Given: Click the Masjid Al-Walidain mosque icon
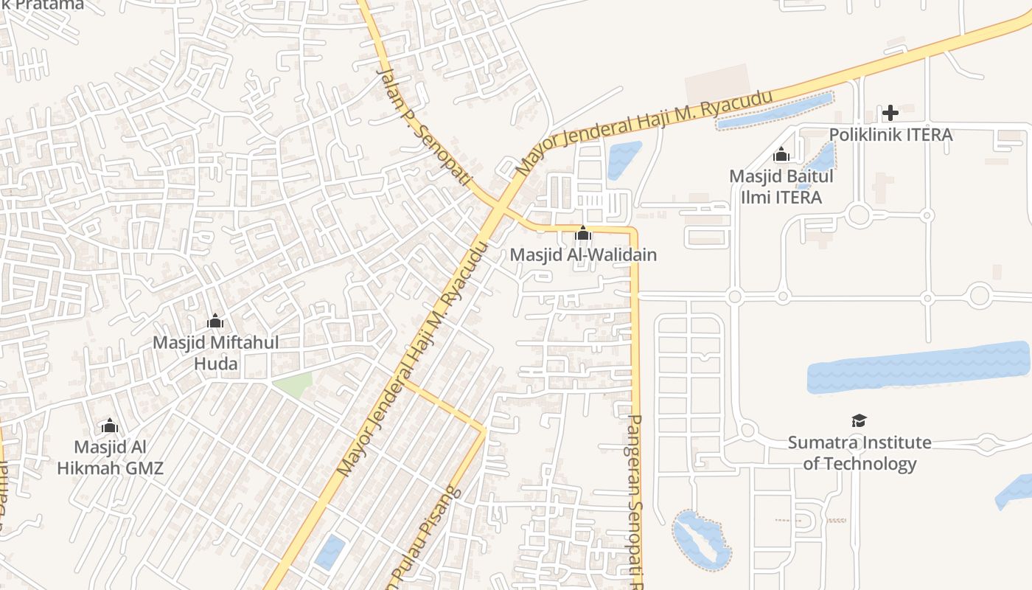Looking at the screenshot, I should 583,234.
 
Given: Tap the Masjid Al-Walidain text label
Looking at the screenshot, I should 583,255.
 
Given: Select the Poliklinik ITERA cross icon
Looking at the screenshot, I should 890,113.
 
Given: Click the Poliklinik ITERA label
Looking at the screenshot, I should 890,135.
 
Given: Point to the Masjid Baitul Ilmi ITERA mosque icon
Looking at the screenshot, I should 781,155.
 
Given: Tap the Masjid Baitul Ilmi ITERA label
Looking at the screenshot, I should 781,187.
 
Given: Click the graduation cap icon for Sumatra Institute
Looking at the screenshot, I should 859,420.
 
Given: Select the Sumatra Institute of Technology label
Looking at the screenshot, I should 860,453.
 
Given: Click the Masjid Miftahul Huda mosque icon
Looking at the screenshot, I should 215,322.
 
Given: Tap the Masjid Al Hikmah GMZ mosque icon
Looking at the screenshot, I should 110,426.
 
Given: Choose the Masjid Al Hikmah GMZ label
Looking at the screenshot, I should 110,457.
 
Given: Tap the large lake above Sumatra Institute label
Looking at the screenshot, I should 918,367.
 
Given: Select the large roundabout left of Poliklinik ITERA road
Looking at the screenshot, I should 859,215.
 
